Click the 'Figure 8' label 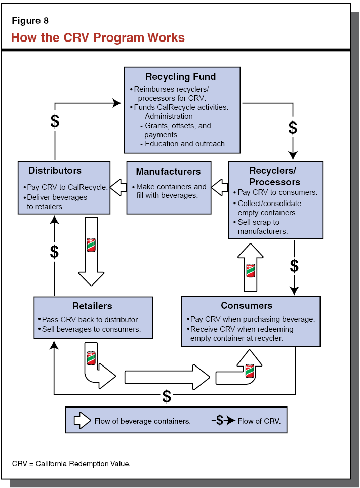[x=30, y=21]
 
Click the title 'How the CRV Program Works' [x=98, y=38]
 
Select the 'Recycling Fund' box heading [x=181, y=77]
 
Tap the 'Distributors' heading [x=55, y=170]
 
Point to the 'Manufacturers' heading [x=168, y=171]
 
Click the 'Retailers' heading [x=92, y=306]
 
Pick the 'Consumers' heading [x=247, y=305]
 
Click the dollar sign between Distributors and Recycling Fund [x=55, y=121]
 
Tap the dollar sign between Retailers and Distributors [x=54, y=252]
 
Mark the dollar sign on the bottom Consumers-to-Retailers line [x=167, y=396]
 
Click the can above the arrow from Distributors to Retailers [x=91, y=245]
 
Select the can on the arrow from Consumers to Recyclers [x=250, y=270]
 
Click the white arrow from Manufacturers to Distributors [x=118, y=188]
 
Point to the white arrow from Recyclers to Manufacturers [x=219, y=188]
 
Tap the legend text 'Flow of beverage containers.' [x=142, y=421]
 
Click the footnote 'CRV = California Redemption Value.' [x=71, y=463]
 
